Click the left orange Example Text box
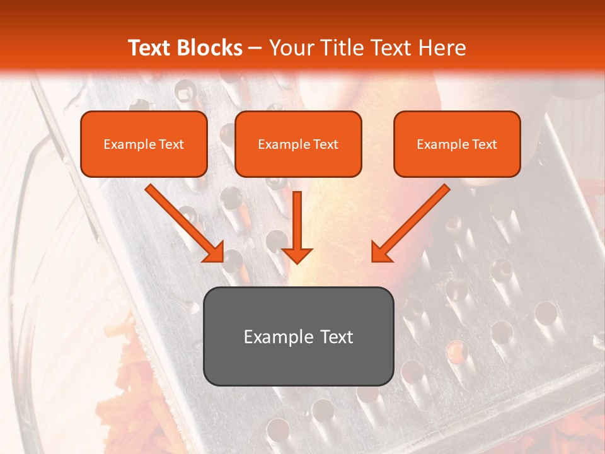[x=144, y=144]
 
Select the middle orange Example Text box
[x=298, y=144]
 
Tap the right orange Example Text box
[x=457, y=144]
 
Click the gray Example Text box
[x=298, y=336]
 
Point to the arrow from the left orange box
[x=183, y=221]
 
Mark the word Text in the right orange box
[x=484, y=144]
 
